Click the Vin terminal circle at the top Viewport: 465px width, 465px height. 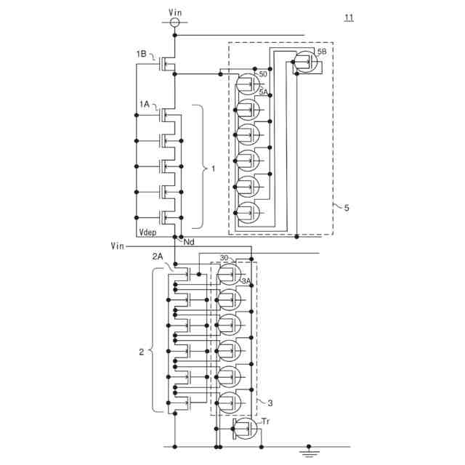coord(174,23)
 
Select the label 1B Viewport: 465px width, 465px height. coord(142,54)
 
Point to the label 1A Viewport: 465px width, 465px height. coord(144,105)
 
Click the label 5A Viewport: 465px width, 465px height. coord(264,92)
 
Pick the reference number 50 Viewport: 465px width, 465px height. coord(263,74)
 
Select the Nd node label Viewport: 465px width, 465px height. coord(189,241)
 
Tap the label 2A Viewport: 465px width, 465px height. coord(158,256)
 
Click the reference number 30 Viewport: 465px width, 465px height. coord(224,258)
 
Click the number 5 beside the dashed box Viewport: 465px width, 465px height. coord(347,209)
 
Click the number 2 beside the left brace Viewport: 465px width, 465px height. coord(141,352)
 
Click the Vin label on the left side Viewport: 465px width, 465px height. coord(118,246)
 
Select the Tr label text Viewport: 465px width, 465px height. coord(262,420)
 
